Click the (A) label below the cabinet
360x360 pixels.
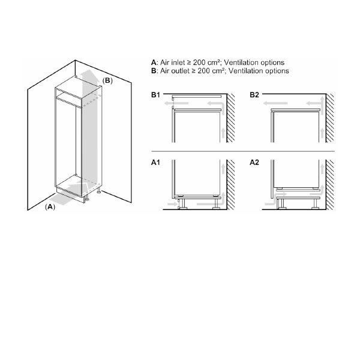click(50, 207)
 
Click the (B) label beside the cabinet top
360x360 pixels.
click(107, 80)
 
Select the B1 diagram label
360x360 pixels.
click(155, 95)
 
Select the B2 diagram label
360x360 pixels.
click(254, 95)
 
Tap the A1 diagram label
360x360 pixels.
click(155, 163)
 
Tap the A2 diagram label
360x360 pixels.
click(254, 163)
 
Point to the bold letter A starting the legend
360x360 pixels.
click(154, 62)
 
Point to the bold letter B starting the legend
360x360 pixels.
click(154, 71)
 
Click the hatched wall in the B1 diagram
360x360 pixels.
click(231, 118)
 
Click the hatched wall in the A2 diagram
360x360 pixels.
click(330, 185)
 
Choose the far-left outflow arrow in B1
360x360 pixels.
click(176, 103)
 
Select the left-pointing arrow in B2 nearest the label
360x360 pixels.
click(275, 103)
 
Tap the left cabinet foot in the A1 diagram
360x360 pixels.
click(183, 204)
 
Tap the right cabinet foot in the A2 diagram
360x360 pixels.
click(316, 204)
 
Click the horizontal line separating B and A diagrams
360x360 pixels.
click(242, 151)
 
